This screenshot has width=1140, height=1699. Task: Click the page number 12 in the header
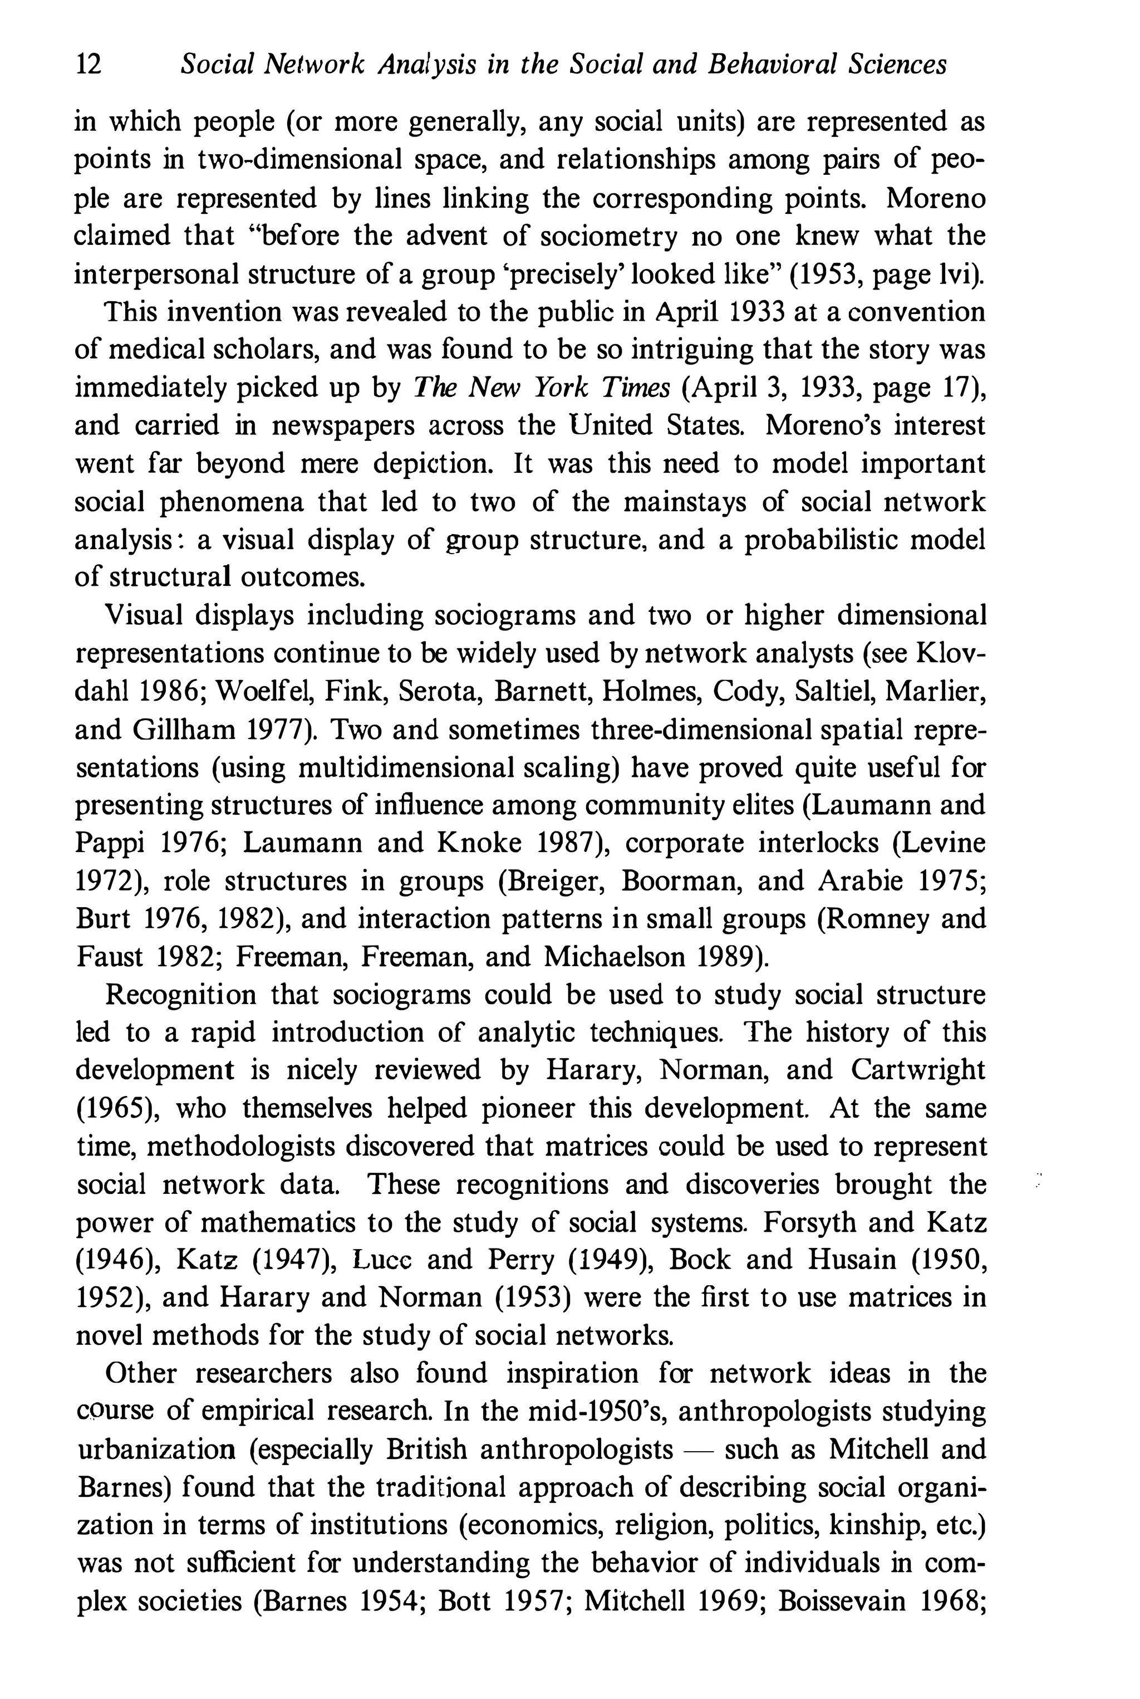89,66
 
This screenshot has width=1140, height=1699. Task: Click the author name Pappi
109,844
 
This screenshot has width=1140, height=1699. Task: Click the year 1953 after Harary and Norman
532,1298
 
